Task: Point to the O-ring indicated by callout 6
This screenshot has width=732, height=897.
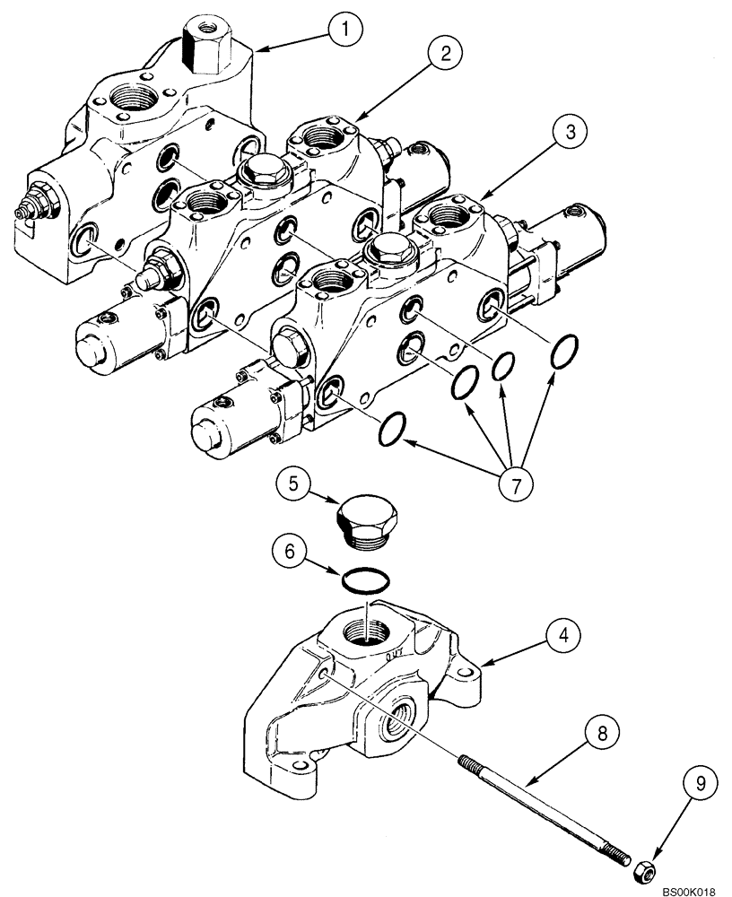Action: pos(367,580)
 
